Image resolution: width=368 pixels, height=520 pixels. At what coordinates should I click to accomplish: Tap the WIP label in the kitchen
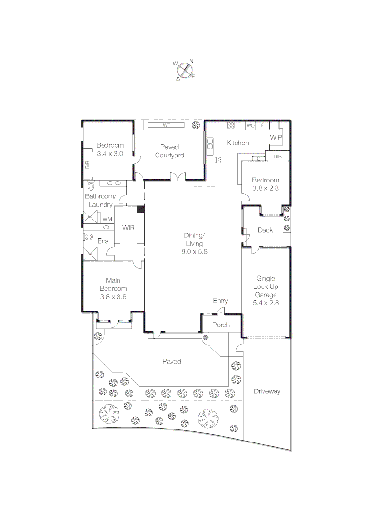276,138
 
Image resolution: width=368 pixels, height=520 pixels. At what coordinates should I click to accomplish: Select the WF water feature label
167,125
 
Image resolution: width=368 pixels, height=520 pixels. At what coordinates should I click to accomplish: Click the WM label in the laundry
107,219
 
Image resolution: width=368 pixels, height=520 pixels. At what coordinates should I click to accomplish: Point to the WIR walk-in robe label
128,227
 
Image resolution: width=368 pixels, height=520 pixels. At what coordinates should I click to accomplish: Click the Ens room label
103,241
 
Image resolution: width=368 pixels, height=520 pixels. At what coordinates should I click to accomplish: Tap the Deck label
265,230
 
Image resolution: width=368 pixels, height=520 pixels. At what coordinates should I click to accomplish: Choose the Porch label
221,325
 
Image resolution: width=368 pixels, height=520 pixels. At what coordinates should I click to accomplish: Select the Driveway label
267,391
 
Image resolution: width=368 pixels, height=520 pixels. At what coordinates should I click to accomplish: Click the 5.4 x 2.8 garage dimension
266,303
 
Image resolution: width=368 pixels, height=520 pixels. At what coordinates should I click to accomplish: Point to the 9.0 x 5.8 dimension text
195,251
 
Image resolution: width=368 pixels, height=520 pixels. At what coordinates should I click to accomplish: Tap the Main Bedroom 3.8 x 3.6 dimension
113,297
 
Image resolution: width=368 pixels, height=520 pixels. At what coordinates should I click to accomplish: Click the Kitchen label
238,143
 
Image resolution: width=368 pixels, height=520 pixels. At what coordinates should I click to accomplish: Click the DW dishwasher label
219,159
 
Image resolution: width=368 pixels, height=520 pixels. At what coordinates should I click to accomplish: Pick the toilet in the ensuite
89,237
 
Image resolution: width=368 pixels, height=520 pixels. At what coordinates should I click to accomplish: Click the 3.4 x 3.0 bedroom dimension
110,154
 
